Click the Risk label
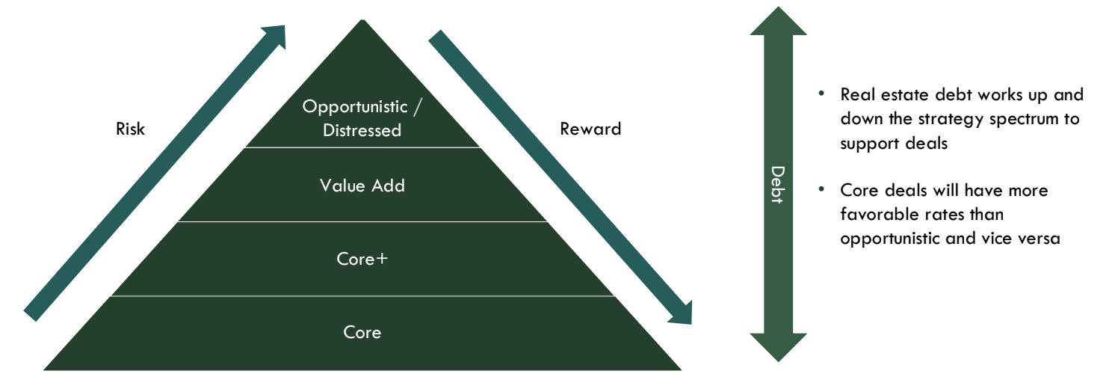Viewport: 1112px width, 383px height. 130,129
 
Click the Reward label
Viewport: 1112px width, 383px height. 590,129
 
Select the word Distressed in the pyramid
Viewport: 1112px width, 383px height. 362,130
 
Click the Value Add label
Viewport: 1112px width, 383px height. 362,186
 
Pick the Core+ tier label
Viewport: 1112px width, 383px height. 362,259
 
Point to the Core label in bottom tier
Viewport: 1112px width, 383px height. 362,331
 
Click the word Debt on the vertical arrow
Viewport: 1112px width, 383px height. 778,186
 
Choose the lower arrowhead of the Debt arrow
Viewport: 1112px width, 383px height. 778,346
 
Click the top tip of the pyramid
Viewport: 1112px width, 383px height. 362,22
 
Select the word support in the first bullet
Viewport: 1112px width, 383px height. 868,143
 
